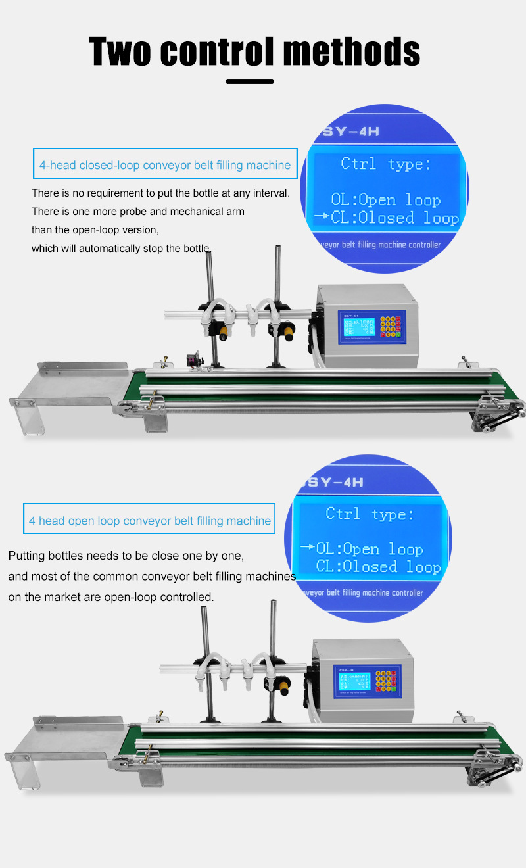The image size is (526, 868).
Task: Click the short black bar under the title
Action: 250,81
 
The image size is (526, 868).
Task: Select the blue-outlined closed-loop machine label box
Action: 164,165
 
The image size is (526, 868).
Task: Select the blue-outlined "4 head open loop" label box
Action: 149,521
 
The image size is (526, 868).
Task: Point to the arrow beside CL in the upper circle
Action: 322,217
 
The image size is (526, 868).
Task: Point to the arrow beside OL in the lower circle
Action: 307,548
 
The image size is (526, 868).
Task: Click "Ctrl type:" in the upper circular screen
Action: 387,164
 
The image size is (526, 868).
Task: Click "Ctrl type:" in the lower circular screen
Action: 370,514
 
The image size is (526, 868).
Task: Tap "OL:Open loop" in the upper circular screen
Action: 386,200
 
